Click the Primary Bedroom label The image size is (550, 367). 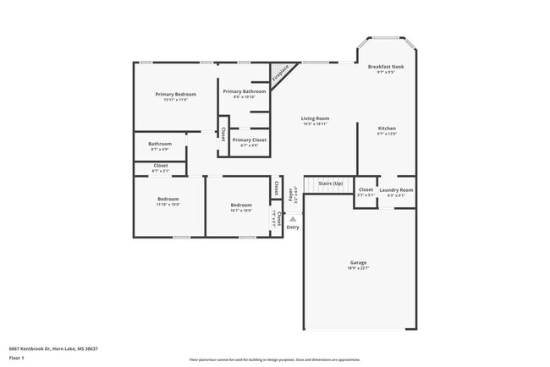175,94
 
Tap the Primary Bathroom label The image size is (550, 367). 244,91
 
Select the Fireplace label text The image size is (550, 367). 280,74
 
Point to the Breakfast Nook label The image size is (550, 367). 386,67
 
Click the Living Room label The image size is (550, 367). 315,118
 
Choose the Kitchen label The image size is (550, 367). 386,128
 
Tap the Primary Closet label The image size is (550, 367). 249,140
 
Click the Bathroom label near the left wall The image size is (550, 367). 160,144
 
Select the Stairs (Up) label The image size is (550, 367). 330,183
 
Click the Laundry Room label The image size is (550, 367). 395,190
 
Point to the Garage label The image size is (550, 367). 359,262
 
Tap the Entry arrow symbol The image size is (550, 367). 293,218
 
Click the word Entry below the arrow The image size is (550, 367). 293,227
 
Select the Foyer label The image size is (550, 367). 290,194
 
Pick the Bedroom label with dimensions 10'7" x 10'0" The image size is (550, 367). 241,205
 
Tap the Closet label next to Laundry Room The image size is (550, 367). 366,190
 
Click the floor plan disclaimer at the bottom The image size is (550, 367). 274,359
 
